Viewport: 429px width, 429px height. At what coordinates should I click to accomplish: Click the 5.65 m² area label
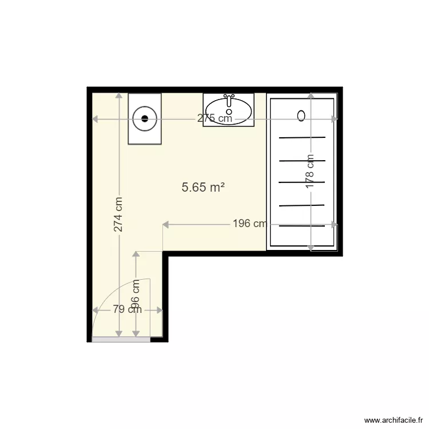coord(202,187)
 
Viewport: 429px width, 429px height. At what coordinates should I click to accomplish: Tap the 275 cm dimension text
coord(214,119)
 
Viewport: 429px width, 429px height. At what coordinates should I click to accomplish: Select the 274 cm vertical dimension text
coord(118,214)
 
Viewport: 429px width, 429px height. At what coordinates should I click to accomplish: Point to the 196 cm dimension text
coord(249,224)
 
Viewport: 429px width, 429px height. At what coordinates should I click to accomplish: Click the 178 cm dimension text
coord(310,172)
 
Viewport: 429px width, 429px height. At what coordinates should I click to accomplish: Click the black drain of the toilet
coord(145,119)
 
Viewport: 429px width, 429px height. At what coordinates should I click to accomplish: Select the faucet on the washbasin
coord(229,100)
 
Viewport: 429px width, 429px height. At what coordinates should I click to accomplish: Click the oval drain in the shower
coord(301,116)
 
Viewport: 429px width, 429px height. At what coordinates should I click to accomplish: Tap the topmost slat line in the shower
coord(302,138)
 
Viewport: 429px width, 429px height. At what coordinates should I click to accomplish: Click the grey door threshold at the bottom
coord(121,339)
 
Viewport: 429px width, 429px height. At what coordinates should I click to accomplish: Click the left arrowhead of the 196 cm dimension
coord(166,224)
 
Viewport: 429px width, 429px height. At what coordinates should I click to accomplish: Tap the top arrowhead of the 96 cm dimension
coord(136,255)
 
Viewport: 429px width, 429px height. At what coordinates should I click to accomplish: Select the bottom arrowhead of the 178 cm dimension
coord(310,248)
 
